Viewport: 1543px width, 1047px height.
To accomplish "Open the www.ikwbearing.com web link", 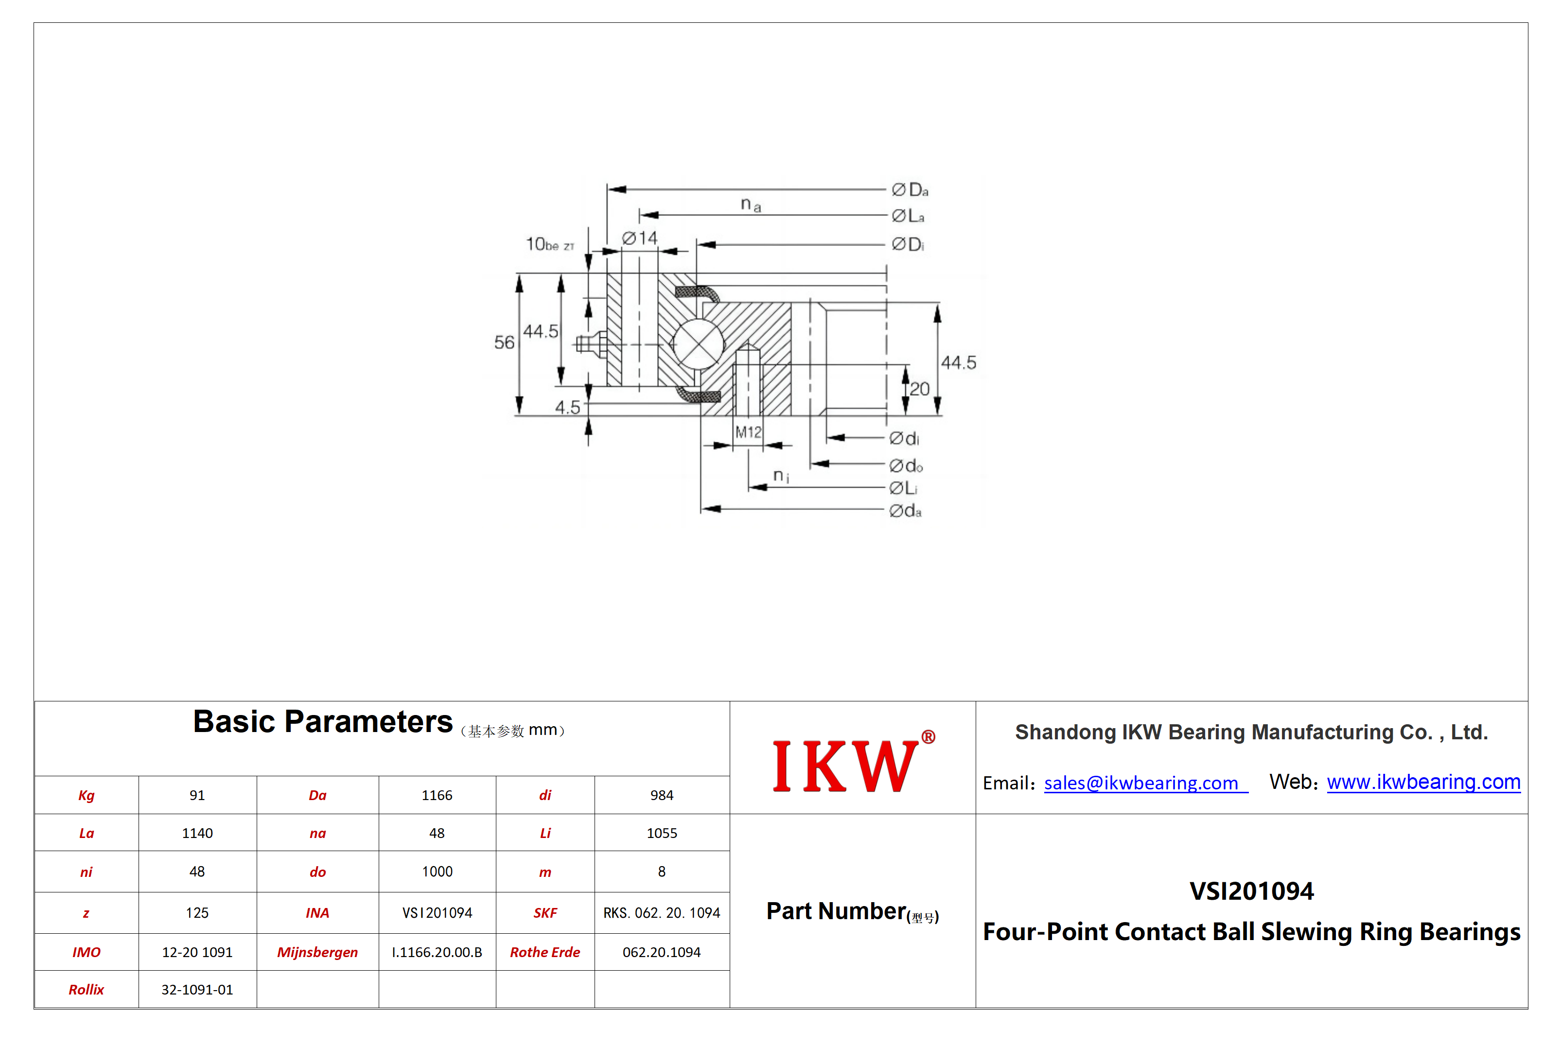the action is pyautogui.click(x=1423, y=782).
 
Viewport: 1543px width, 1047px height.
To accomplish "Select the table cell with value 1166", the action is pyautogui.click(x=437, y=795).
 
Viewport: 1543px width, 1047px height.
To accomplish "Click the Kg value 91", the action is pyautogui.click(x=197, y=795).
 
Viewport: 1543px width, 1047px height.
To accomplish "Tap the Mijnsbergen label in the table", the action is pyautogui.click(x=317, y=952).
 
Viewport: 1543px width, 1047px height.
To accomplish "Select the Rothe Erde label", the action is pyautogui.click(x=545, y=952).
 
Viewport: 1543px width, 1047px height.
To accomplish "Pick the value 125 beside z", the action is pyautogui.click(x=197, y=913).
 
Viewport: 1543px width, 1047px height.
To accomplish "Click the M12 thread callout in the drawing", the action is pyautogui.click(x=748, y=432).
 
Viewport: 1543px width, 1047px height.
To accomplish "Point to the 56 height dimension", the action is pyautogui.click(x=504, y=343).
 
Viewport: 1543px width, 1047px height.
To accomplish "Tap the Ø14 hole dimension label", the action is pyautogui.click(x=639, y=238).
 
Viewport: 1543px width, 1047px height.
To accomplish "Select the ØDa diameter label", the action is pyautogui.click(x=910, y=190).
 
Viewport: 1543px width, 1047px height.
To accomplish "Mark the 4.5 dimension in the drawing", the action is pyautogui.click(x=568, y=407).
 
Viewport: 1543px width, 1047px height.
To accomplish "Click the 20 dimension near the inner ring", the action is pyautogui.click(x=920, y=389).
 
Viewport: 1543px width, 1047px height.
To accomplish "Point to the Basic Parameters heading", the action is pyautogui.click(x=323, y=722).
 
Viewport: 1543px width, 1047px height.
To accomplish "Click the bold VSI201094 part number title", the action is pyautogui.click(x=1251, y=891).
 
